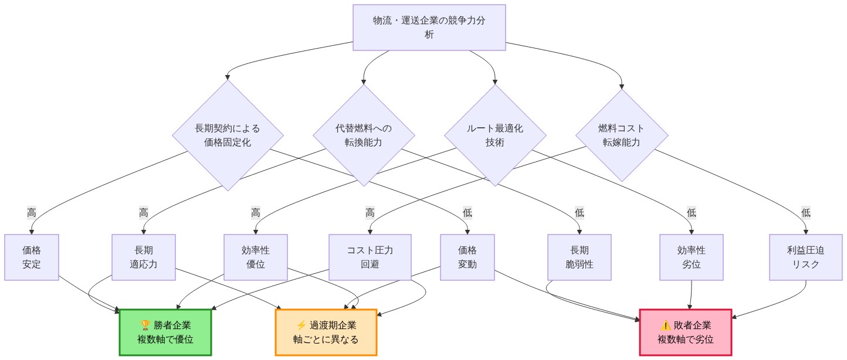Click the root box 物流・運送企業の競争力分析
tap(429, 28)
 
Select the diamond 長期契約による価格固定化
tap(228, 135)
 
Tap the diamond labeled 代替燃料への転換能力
tap(364, 135)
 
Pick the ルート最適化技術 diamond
tap(495, 135)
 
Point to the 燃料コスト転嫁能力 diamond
tap(622, 135)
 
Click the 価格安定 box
tap(32, 257)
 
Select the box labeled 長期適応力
tap(144, 257)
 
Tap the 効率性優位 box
tap(256, 257)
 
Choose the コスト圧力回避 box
tap(370, 257)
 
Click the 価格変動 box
tap(467, 257)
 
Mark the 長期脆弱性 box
tap(580, 257)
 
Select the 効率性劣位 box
tap(692, 257)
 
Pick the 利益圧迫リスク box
tap(806, 257)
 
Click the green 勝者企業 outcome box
tap(165, 332)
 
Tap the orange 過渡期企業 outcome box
tap(326, 332)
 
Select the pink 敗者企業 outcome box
tap(686, 332)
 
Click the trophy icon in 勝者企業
tap(145, 325)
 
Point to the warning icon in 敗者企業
tap(665, 325)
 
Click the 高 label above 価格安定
tap(32, 213)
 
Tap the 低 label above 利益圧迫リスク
tap(806, 213)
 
